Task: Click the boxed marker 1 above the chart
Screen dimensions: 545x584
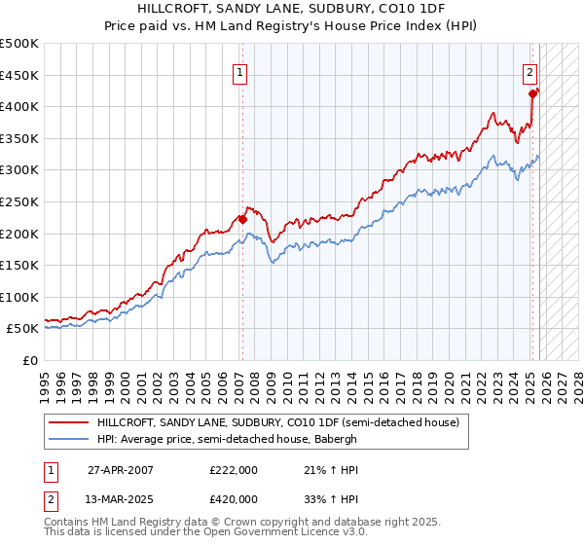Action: pyautogui.click(x=239, y=71)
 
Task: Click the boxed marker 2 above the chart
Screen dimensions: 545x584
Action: pyautogui.click(x=529, y=71)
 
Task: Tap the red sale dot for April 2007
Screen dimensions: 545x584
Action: pyautogui.click(x=242, y=219)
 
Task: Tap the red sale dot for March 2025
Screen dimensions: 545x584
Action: pyautogui.click(x=533, y=93)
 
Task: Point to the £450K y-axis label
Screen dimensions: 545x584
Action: pyautogui.click(x=19, y=75)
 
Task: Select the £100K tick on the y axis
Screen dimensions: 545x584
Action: pyautogui.click(x=19, y=297)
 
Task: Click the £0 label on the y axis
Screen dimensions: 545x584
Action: pyautogui.click(x=29, y=360)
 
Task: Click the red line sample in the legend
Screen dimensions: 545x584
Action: pyautogui.click(x=70, y=422)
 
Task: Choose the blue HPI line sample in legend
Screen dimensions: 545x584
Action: pyautogui.click(x=70, y=439)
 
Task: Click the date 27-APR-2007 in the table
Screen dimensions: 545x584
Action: pyautogui.click(x=120, y=470)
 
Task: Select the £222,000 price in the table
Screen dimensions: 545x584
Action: pyautogui.click(x=233, y=470)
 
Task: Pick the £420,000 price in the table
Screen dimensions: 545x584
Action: pyautogui.click(x=233, y=499)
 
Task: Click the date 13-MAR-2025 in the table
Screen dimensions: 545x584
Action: pyautogui.click(x=120, y=499)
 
